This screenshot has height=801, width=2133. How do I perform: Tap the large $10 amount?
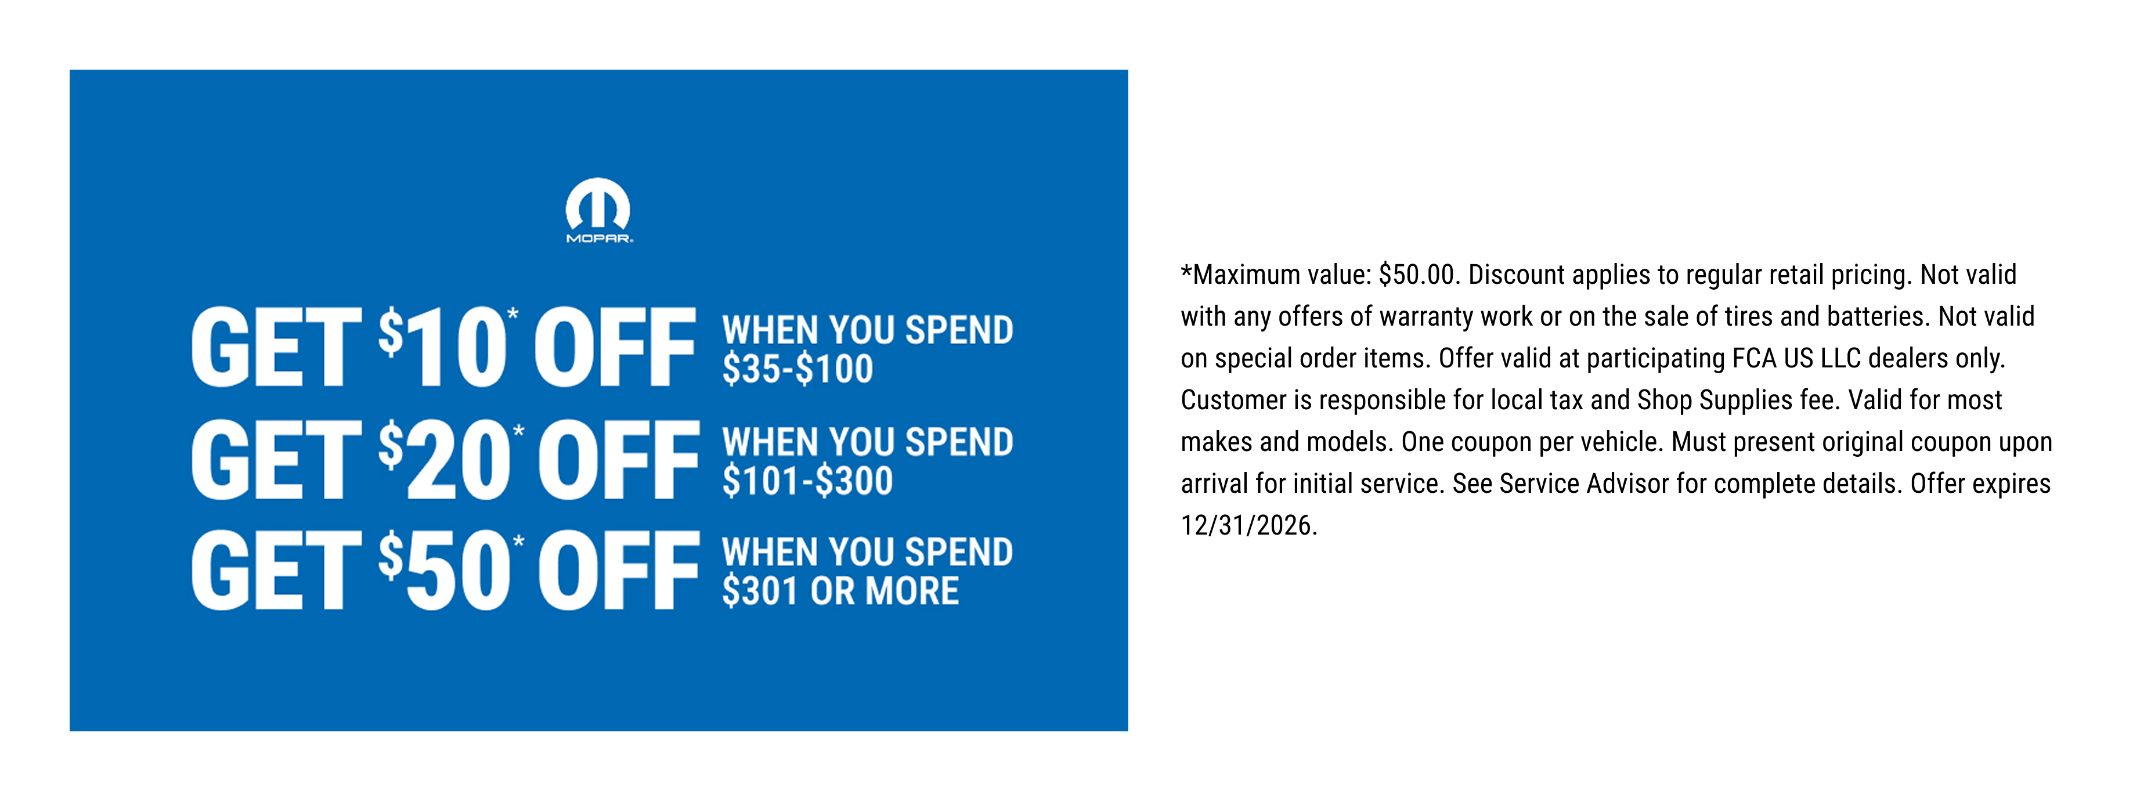pos(442,347)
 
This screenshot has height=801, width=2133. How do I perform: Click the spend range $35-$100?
pos(797,369)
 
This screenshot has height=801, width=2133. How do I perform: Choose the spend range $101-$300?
pos(807,481)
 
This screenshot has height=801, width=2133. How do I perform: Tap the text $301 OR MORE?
pos(840,591)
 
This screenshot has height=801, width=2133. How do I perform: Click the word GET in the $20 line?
pos(276,459)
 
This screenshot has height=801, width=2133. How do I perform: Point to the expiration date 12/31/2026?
pos(1248,525)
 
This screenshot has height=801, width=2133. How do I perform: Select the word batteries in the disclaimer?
pos(1879,316)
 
